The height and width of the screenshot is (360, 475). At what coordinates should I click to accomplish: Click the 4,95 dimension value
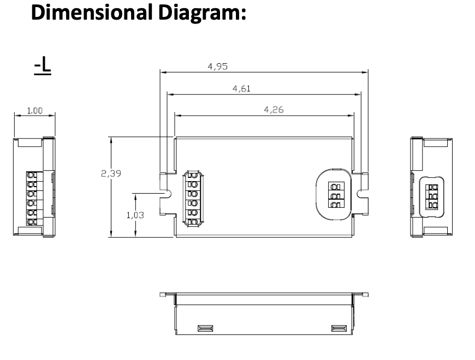point(217,67)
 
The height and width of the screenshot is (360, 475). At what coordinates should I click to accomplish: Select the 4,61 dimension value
point(241,89)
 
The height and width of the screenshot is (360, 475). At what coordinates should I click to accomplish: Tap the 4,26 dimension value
point(274,110)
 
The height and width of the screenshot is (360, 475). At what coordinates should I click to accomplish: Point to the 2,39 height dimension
point(111,173)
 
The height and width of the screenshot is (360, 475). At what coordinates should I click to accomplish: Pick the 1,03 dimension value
point(135,215)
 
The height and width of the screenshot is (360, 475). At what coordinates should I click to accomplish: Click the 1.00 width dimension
point(35,111)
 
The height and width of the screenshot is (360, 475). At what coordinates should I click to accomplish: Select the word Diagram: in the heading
point(202,13)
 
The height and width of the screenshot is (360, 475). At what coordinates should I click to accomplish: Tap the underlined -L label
point(43,65)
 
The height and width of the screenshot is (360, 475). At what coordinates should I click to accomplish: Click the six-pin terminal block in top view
point(192,199)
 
